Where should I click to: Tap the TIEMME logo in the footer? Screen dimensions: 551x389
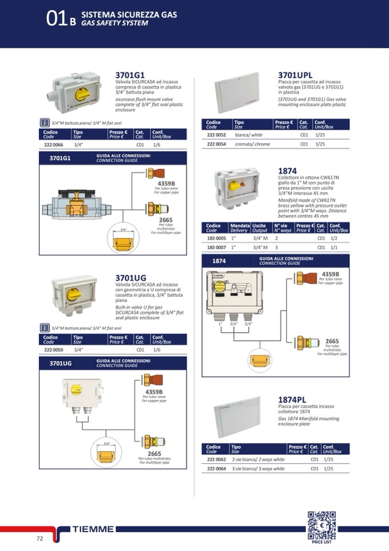[x=94, y=529]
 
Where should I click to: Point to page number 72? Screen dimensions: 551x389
[x=40, y=538]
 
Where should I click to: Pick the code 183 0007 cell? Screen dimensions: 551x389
[x=217, y=247]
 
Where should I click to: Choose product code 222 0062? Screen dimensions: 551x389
[x=216, y=459]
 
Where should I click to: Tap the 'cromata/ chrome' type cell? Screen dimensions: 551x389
[x=252, y=144]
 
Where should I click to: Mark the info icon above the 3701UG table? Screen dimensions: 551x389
[x=45, y=328]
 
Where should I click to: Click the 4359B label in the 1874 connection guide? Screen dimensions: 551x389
[x=330, y=274]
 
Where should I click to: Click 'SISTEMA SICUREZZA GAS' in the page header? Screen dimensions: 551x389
[x=129, y=13]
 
